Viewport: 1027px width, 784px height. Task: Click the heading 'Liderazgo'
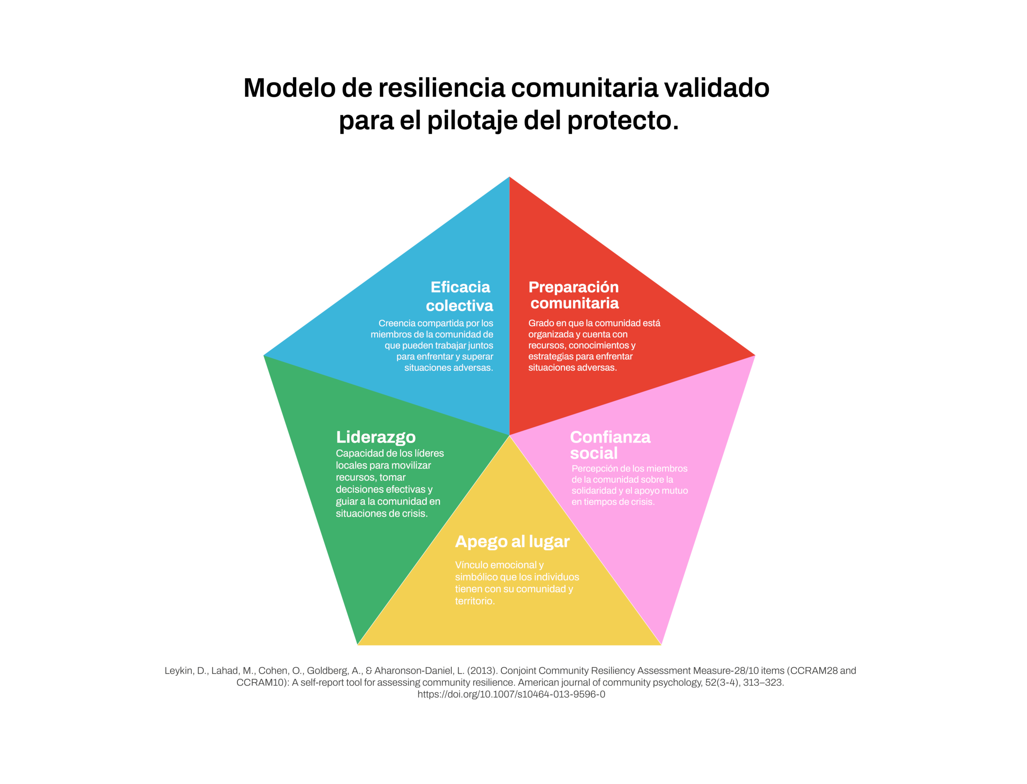[375, 437]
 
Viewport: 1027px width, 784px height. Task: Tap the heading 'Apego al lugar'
[512, 542]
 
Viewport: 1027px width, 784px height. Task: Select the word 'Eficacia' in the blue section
[460, 287]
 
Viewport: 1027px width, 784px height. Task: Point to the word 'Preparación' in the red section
[573, 287]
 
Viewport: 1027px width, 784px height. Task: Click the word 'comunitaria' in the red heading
[574, 303]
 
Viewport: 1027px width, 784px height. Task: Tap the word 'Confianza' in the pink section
[610, 437]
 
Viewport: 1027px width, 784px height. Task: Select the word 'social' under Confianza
[593, 453]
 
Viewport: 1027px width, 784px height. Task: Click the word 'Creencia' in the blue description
[397, 323]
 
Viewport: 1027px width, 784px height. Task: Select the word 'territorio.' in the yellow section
[475, 601]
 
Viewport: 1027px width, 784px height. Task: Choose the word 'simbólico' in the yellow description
[476, 577]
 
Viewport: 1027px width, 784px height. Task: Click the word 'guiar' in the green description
[346, 502]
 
